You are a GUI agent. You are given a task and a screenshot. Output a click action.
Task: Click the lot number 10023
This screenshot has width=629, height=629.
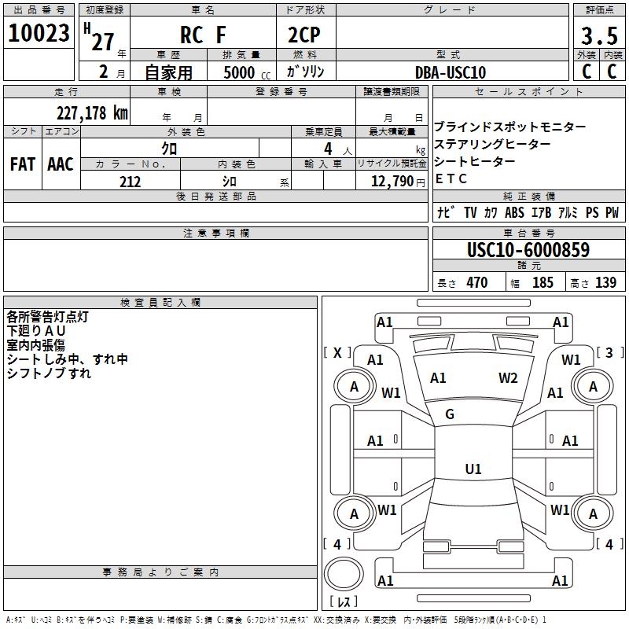pyautogui.click(x=39, y=33)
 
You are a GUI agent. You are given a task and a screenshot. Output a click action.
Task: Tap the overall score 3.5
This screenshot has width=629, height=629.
pyautogui.click(x=598, y=36)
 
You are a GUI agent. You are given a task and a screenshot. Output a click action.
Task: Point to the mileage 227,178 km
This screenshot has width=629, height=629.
pyautogui.click(x=92, y=112)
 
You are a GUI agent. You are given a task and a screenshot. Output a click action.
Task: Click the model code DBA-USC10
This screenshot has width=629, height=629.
pyautogui.click(x=451, y=72)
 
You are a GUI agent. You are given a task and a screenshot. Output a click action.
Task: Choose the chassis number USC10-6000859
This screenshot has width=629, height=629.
pyautogui.click(x=528, y=250)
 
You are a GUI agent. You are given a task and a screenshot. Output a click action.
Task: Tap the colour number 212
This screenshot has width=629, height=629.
pyautogui.click(x=130, y=182)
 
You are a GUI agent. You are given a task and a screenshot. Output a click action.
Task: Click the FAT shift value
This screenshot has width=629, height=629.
pyautogui.click(x=22, y=164)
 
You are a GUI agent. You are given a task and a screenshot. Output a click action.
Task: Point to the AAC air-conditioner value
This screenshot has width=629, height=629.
pyautogui.click(x=61, y=164)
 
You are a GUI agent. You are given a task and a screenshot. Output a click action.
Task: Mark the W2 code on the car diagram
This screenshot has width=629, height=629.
pyautogui.click(x=508, y=378)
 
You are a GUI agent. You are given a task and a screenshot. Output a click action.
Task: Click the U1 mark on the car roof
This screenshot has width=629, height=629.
pyautogui.click(x=473, y=469)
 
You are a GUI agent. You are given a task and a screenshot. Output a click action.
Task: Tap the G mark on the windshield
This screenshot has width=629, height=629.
pyautogui.click(x=450, y=414)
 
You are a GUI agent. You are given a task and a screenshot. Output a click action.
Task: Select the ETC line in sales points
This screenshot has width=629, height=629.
pyautogui.click(x=451, y=178)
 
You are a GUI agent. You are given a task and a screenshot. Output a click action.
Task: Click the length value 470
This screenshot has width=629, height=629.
pyautogui.click(x=476, y=282)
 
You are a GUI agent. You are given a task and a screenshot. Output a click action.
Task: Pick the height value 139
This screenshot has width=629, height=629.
pyautogui.click(x=605, y=282)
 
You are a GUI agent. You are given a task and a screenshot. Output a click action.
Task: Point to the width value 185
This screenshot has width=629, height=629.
pyautogui.click(x=543, y=282)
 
